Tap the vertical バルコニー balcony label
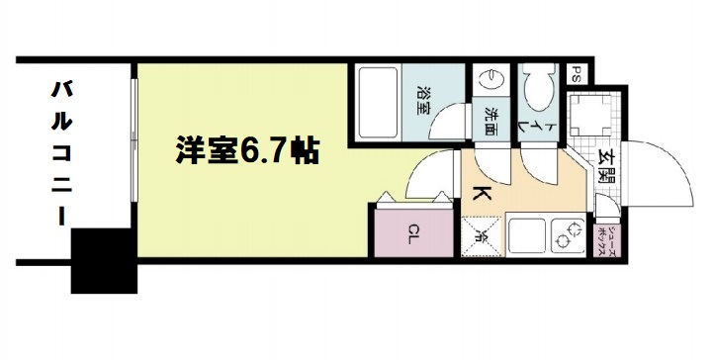(x=61, y=153)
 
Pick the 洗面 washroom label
(x=489, y=119)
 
